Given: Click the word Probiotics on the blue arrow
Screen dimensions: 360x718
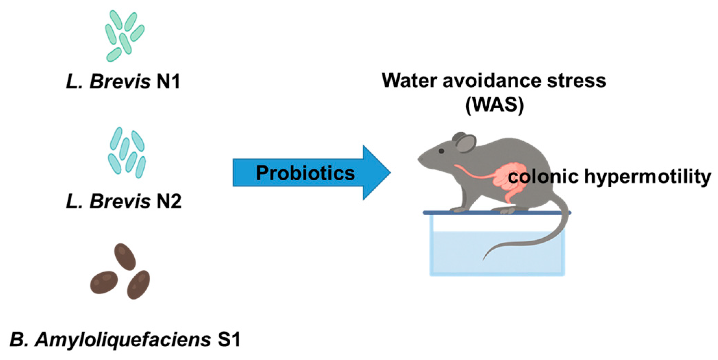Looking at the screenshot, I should click(x=305, y=173).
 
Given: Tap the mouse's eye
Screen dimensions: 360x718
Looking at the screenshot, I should click(x=441, y=151).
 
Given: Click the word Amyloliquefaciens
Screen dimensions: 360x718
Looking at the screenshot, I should click(x=123, y=340).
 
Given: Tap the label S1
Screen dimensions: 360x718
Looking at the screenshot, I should click(x=229, y=340).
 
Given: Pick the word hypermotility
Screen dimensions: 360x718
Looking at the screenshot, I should click(x=648, y=177).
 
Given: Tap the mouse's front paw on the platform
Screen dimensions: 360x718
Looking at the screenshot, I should click(x=458, y=209).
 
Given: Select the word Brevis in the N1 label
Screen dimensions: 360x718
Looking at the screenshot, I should click(x=120, y=82).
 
